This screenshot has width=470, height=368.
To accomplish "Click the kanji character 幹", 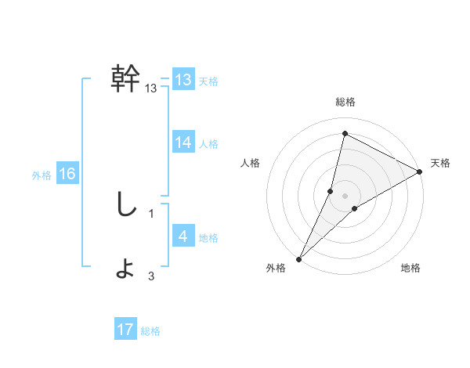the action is point(126,79).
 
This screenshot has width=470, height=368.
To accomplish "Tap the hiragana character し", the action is point(125,205).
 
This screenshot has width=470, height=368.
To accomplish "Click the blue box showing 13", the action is point(183,80).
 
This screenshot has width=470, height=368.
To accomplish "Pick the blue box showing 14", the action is point(183,143).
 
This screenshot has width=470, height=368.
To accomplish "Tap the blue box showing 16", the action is point(67,174).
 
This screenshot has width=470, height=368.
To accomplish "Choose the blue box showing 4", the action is point(183,236).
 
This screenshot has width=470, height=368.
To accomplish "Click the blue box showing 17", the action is point(125,330).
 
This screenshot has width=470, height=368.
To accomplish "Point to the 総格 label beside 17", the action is point(150,331).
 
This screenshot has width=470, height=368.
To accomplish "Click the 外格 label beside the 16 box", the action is point(42,175).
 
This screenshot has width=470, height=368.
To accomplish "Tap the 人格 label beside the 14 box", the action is point(208,144).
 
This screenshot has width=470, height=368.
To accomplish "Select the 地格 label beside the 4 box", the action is point(208,238).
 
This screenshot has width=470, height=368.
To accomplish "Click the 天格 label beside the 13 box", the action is point(208,81).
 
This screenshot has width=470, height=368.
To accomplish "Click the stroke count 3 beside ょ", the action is point(151,276).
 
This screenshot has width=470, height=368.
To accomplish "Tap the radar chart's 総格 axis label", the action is point(345,102).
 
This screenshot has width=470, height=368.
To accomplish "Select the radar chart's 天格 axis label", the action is point(441,163).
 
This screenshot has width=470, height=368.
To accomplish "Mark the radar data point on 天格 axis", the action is point(420,172).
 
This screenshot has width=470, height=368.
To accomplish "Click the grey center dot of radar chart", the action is point(345,196).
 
